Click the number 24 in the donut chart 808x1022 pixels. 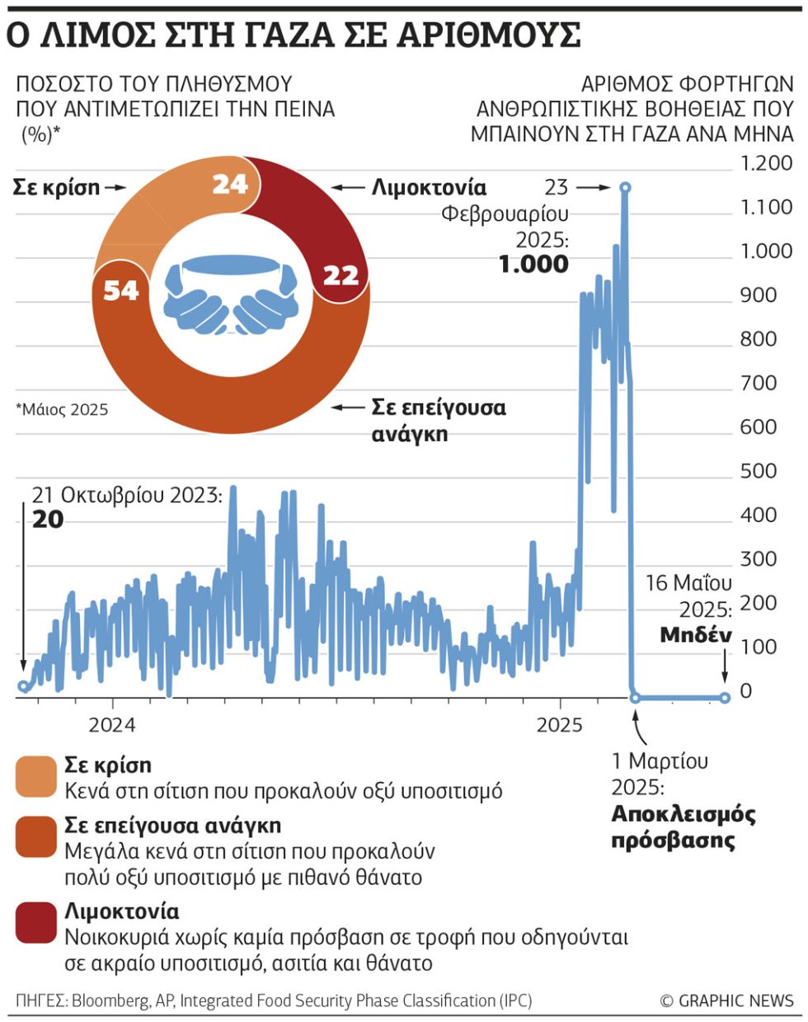coord(230,184)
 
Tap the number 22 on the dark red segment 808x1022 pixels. coord(341,276)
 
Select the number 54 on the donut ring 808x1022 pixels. coord(121,290)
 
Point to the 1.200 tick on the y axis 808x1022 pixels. coord(766,163)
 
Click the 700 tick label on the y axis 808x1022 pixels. coord(759,383)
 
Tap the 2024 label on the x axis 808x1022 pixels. coord(112,725)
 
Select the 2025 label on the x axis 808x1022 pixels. coord(559,725)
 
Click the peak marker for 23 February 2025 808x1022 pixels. coord(625,187)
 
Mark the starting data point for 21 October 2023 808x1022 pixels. coord(23,685)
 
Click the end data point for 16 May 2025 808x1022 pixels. coord(725,698)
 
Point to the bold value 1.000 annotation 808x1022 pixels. coord(533,264)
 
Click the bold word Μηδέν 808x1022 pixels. coord(696,635)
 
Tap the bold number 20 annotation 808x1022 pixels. coord(48,519)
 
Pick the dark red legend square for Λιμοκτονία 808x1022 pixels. coord(35,922)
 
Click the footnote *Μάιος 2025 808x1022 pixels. coord(62,409)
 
